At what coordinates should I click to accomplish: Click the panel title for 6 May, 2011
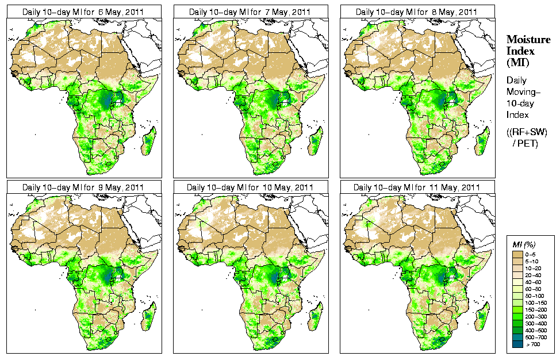(x=83, y=12)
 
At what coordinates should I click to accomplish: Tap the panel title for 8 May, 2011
(x=416, y=12)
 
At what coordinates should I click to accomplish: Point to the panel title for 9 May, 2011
(x=83, y=187)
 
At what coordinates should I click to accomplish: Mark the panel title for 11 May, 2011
(x=416, y=187)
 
